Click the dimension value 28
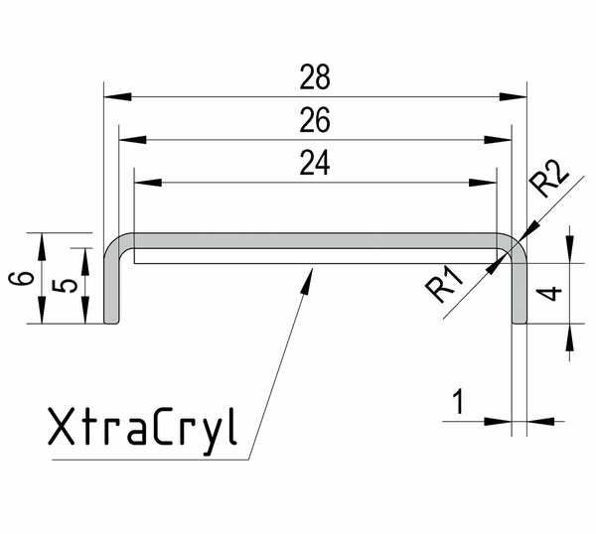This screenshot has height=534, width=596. (x=314, y=75)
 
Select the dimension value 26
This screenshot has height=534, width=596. (x=314, y=120)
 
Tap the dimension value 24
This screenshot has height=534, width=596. (x=314, y=164)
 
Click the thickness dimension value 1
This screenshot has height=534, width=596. (x=458, y=402)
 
